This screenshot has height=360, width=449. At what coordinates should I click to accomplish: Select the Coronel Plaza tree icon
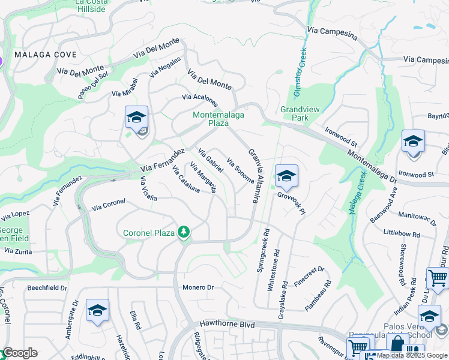(x=183, y=232)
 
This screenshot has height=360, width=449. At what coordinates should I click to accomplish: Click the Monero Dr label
(x=199, y=288)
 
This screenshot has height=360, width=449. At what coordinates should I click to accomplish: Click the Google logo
(x=19, y=353)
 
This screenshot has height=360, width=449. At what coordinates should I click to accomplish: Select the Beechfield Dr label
(x=47, y=288)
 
